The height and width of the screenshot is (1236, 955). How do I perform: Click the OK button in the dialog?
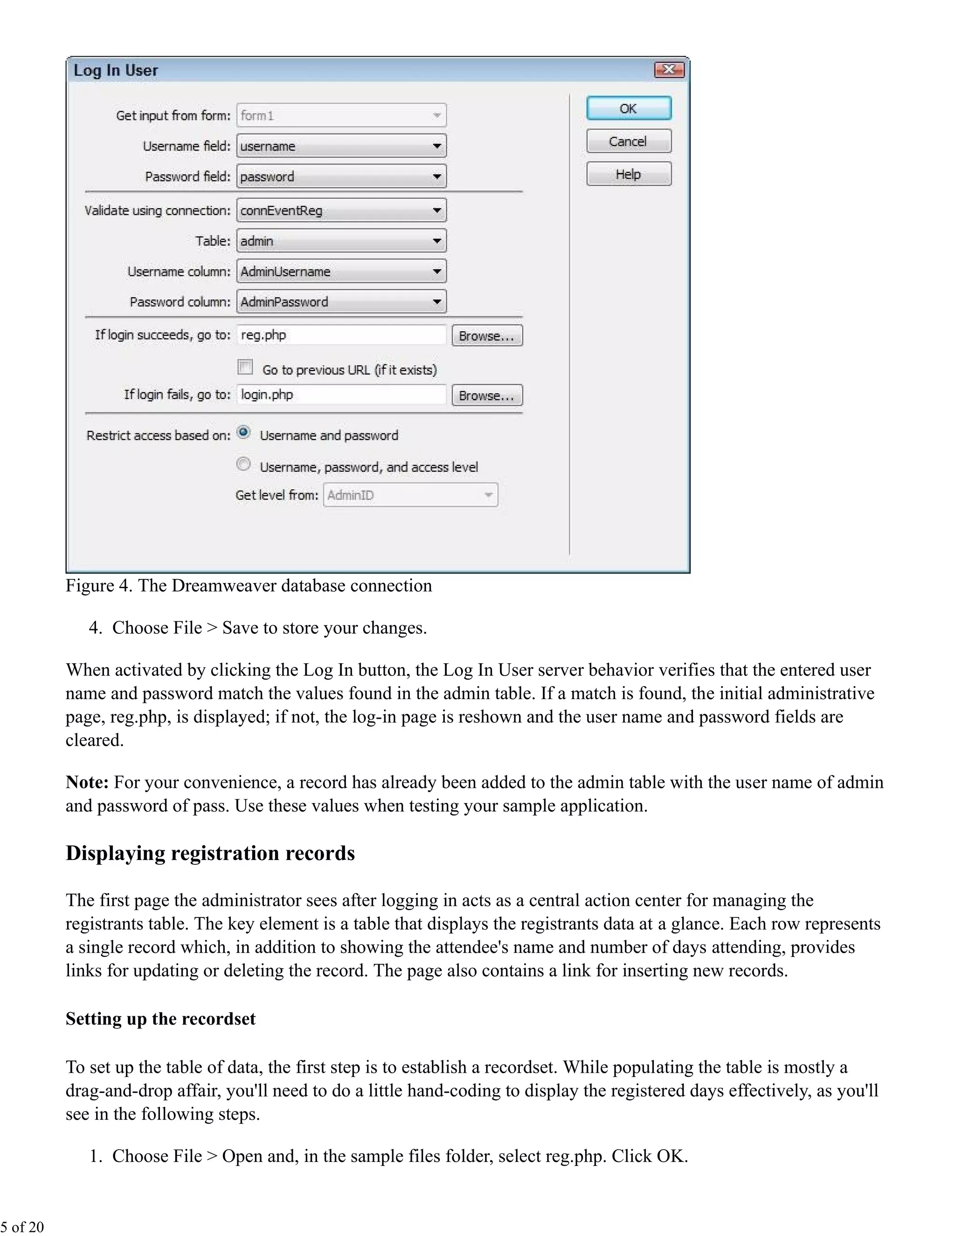point(629,108)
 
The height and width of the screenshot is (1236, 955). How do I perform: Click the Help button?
point(629,174)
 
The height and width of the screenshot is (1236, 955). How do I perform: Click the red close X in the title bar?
point(669,69)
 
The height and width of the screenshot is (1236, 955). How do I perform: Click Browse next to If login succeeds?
point(486,336)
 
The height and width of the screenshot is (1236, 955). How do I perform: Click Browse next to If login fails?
point(486,395)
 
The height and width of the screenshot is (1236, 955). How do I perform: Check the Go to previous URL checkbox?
point(245,367)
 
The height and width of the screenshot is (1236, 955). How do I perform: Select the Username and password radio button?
point(243,433)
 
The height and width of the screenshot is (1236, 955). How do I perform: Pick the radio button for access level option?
point(243,465)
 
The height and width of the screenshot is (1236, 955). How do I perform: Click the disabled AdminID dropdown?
point(410,495)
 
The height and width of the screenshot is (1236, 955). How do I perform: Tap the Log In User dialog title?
point(116,70)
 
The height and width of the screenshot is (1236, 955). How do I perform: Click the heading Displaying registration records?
point(210,854)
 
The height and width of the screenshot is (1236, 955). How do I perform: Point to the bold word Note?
point(87,782)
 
